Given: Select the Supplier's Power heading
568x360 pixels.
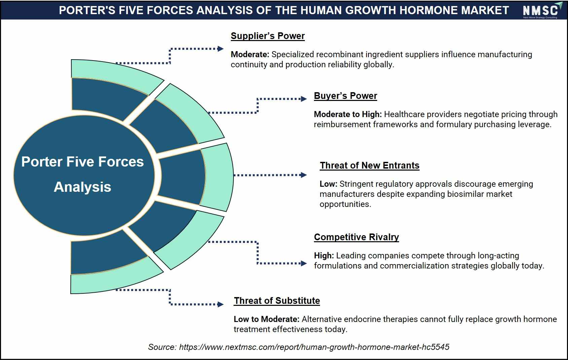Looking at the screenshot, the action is [x=268, y=36].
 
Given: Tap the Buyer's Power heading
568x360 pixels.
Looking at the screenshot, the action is [x=345, y=96].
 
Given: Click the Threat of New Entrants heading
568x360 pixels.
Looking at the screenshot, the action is [x=369, y=165].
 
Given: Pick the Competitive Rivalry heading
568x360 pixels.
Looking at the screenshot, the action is [x=356, y=237].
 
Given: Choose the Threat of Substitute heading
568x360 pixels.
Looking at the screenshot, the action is [x=277, y=301].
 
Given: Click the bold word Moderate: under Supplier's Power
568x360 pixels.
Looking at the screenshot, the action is [x=250, y=55].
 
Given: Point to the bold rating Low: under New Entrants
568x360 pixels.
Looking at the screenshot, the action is [x=328, y=184].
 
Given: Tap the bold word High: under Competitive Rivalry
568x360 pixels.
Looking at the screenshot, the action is [x=324, y=256].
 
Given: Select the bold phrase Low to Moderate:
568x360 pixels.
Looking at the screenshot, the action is [x=267, y=319].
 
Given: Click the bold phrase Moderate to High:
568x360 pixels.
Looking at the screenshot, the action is [x=348, y=114].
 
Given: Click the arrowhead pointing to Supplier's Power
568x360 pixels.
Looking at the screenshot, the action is [x=221, y=49].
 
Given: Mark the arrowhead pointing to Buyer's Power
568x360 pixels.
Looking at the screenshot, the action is [x=304, y=99].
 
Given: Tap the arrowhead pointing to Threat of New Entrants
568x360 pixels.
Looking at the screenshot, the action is [x=304, y=175].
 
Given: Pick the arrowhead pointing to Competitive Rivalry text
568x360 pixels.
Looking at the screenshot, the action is [x=304, y=263].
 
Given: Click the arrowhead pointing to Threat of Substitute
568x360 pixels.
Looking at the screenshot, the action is [x=221, y=304].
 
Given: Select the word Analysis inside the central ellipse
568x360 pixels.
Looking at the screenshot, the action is [x=82, y=187].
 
